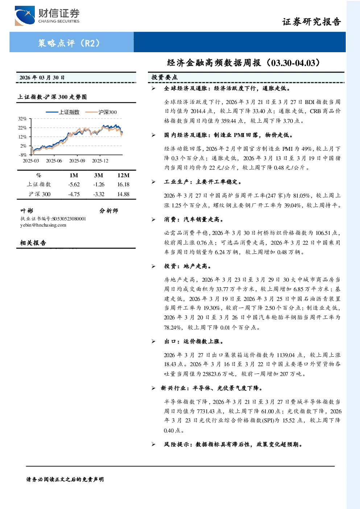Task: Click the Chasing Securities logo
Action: (47, 16)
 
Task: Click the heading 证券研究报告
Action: (311, 22)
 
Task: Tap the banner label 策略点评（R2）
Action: (69, 43)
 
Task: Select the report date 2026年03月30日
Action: (42, 78)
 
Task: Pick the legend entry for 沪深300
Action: (101, 112)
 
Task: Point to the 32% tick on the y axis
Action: (22, 119)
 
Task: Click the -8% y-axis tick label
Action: (23, 155)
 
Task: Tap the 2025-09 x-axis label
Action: (77, 161)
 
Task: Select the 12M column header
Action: (123, 175)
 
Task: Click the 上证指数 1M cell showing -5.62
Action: (74, 185)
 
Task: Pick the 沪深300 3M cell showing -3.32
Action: (99, 194)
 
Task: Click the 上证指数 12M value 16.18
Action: (123, 185)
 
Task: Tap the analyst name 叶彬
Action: (27, 211)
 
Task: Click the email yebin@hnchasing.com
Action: (43, 225)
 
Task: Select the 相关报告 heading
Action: (33, 243)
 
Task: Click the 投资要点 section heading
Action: (165, 77)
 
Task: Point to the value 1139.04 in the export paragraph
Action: (286, 355)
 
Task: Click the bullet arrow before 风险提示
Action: (154, 444)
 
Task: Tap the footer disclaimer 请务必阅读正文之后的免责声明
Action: (65, 480)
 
